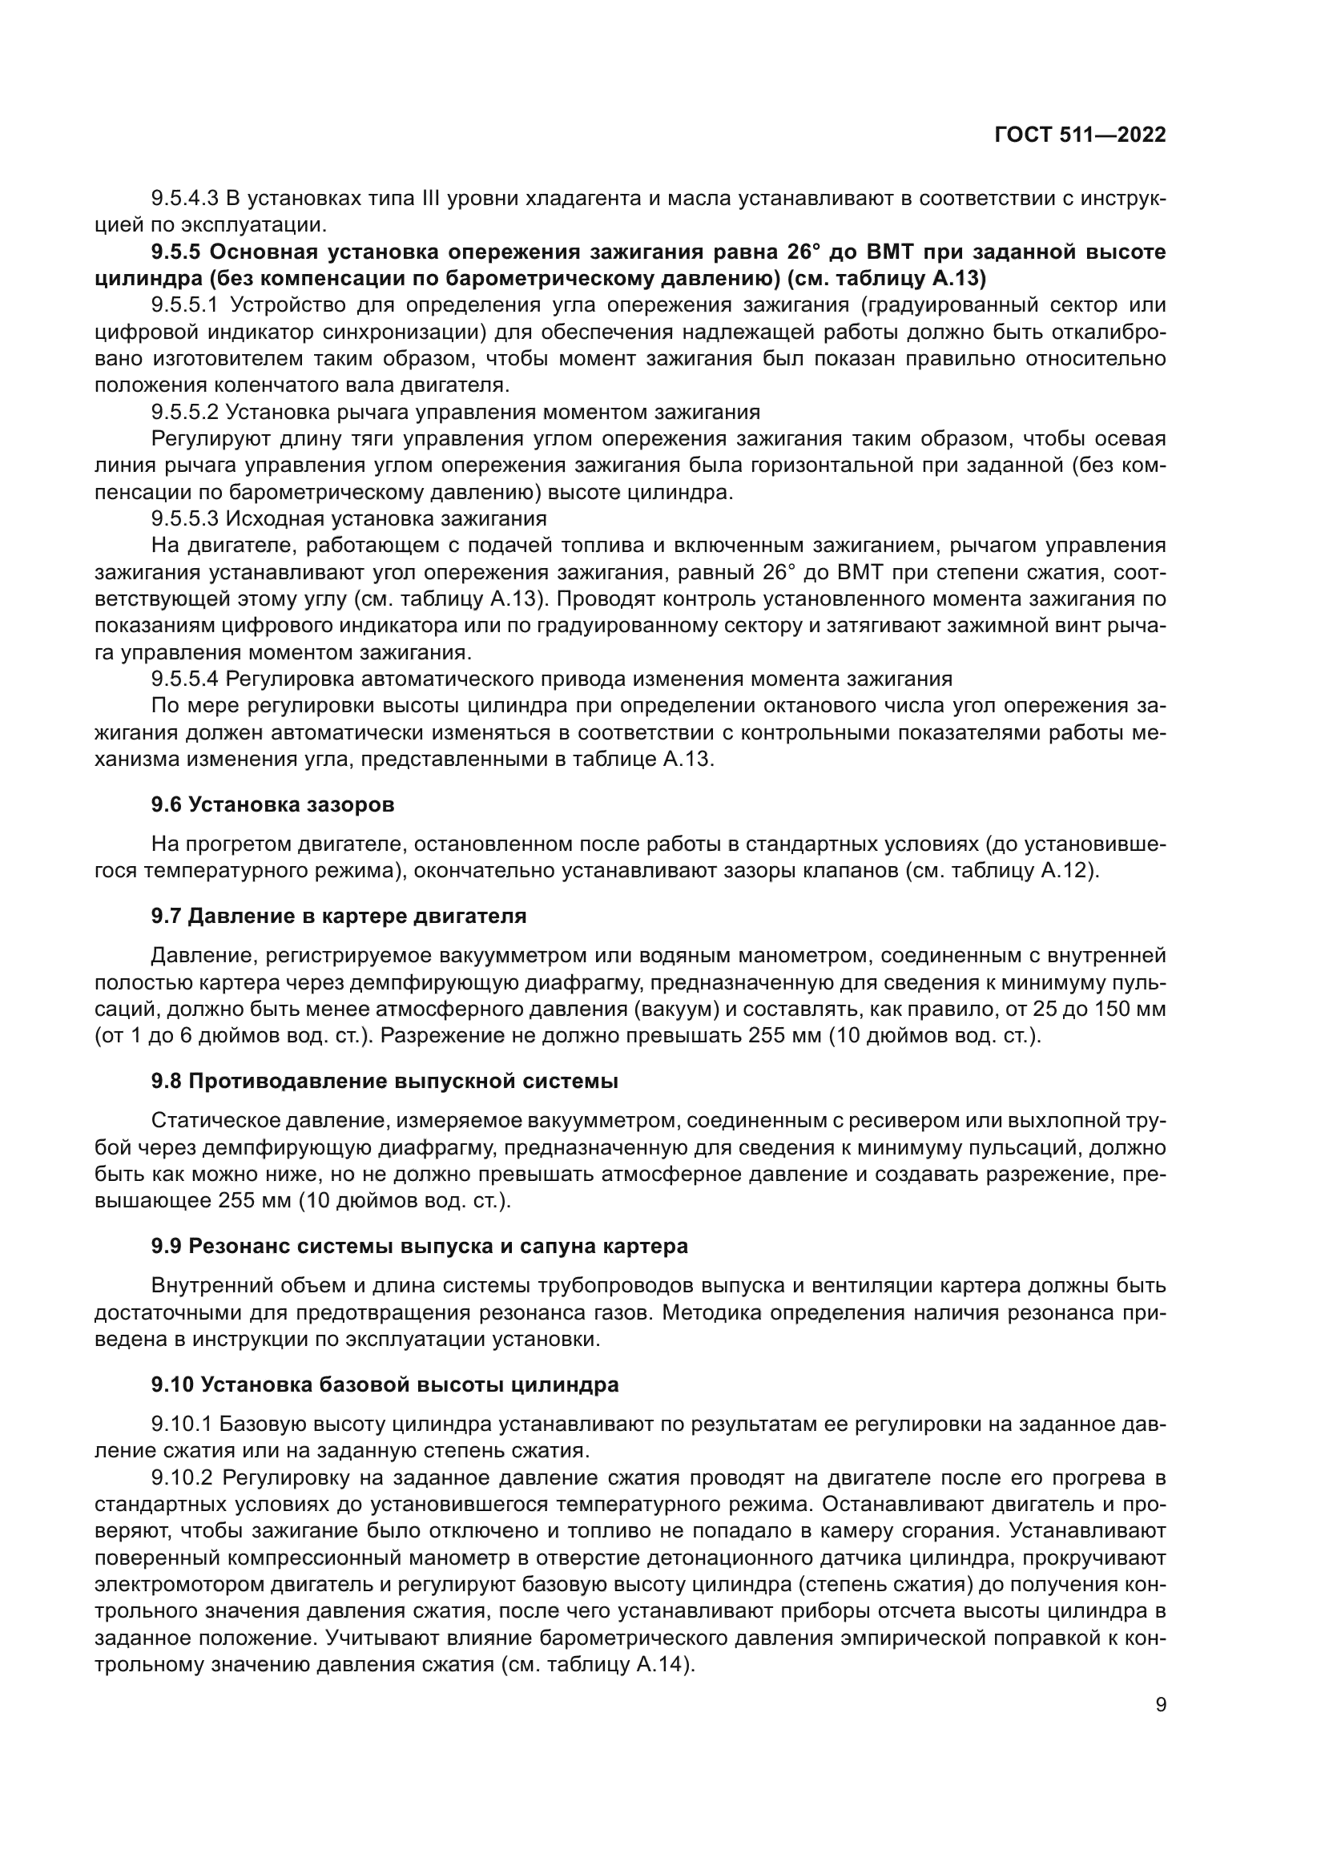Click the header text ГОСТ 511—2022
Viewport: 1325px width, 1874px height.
1079,135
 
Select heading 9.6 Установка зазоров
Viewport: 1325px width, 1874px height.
272,804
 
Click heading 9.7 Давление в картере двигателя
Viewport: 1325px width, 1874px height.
339,916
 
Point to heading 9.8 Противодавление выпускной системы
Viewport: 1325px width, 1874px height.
385,1082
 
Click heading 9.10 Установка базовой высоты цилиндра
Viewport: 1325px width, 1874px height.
385,1385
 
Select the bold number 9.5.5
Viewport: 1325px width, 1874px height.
176,252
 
